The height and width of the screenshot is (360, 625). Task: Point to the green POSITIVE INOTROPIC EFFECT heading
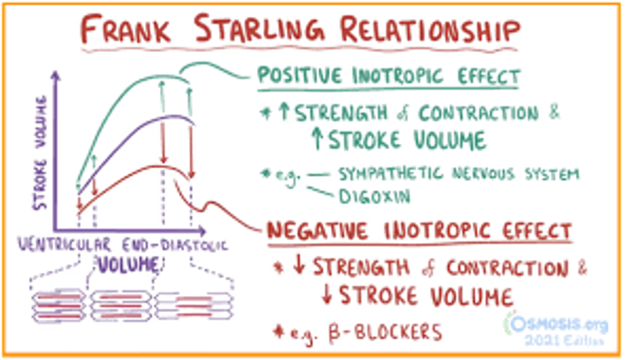point(388,77)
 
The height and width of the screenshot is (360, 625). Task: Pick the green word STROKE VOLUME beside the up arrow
point(407,140)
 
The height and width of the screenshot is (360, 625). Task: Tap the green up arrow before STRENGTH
point(284,113)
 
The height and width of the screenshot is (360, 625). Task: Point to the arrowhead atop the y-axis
point(58,76)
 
